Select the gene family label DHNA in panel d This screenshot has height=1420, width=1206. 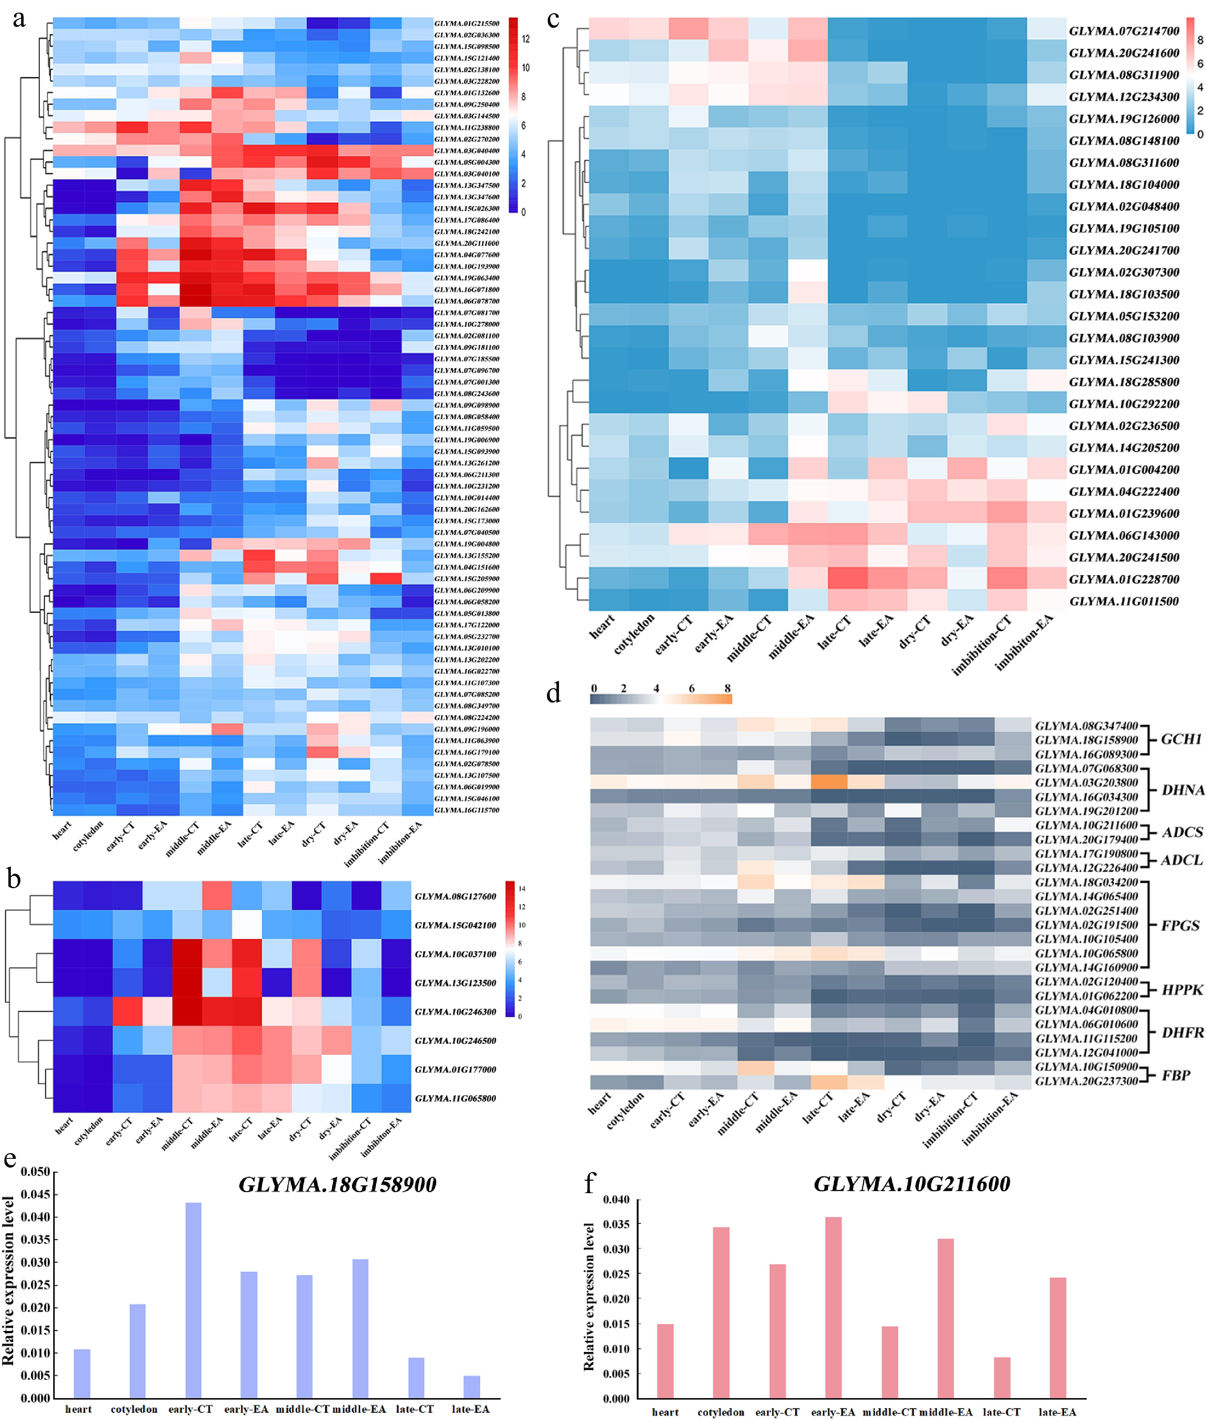click(1182, 790)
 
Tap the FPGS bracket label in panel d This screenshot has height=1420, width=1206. click(1180, 925)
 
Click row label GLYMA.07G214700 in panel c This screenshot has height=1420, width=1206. click(1124, 31)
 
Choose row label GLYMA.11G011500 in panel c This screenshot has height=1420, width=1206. click(1124, 601)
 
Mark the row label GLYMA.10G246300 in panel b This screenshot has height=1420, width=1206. click(455, 1011)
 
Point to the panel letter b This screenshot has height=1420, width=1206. click(13, 879)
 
